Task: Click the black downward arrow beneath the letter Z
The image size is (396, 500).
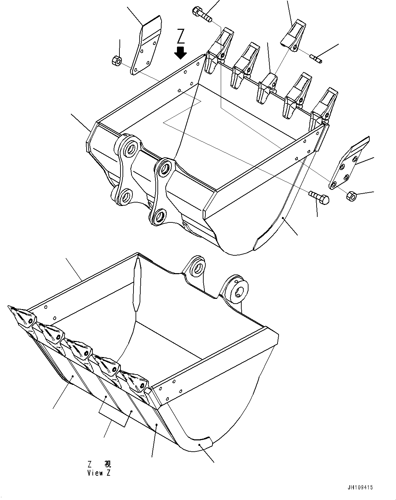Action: coord(180,52)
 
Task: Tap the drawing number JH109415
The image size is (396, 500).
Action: coord(360,487)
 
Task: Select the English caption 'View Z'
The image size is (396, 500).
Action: coord(99,473)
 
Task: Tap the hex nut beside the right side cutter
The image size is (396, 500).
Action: coord(351,196)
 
